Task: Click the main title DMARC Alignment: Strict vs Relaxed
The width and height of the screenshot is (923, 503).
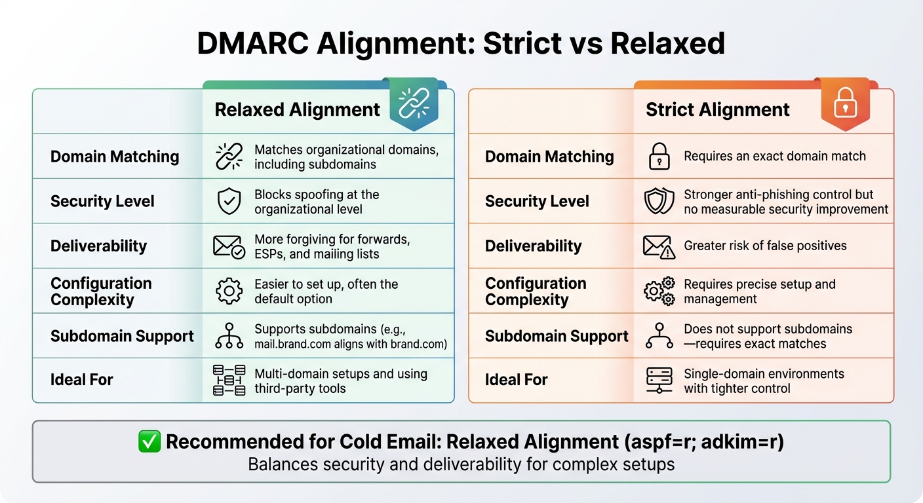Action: pyautogui.click(x=461, y=43)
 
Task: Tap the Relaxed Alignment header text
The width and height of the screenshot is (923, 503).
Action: pyautogui.click(x=297, y=109)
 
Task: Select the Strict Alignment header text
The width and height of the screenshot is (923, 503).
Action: pyautogui.click(x=717, y=109)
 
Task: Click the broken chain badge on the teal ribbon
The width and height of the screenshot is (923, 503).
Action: pyautogui.click(x=414, y=104)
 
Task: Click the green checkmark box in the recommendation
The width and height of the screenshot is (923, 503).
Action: pyautogui.click(x=149, y=442)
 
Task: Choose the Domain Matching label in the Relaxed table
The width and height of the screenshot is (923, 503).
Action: pyautogui.click(x=115, y=157)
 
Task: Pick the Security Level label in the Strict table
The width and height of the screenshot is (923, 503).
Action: pyautogui.click(x=537, y=202)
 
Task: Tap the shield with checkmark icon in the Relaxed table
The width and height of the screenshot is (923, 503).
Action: pyautogui.click(x=229, y=202)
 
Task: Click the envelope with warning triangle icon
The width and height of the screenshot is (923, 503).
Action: pyautogui.click(x=658, y=247)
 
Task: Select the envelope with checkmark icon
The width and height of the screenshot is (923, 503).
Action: pyautogui.click(x=229, y=247)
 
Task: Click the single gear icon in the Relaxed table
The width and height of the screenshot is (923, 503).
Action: pyautogui.click(x=229, y=291)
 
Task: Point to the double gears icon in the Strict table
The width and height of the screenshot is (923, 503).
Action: pyautogui.click(x=658, y=291)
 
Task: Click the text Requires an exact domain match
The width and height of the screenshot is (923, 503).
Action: pyautogui.click(x=774, y=157)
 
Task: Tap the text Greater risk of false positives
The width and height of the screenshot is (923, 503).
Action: pyautogui.click(x=765, y=246)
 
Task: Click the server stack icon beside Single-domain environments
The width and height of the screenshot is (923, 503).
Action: pyautogui.click(x=658, y=381)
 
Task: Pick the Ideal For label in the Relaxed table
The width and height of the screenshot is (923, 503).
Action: pyautogui.click(x=82, y=380)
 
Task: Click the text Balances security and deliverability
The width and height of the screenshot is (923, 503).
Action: pyautogui.click(x=461, y=465)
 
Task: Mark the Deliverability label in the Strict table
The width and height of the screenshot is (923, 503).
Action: pyautogui.click(x=533, y=246)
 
